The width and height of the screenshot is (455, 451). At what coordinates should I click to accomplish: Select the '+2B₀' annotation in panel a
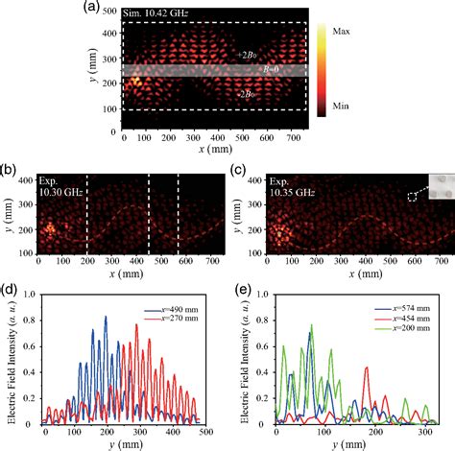(246, 56)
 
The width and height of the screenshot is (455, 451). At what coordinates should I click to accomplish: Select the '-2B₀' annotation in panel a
(246, 94)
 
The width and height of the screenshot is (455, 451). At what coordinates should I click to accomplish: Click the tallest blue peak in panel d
(106, 318)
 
